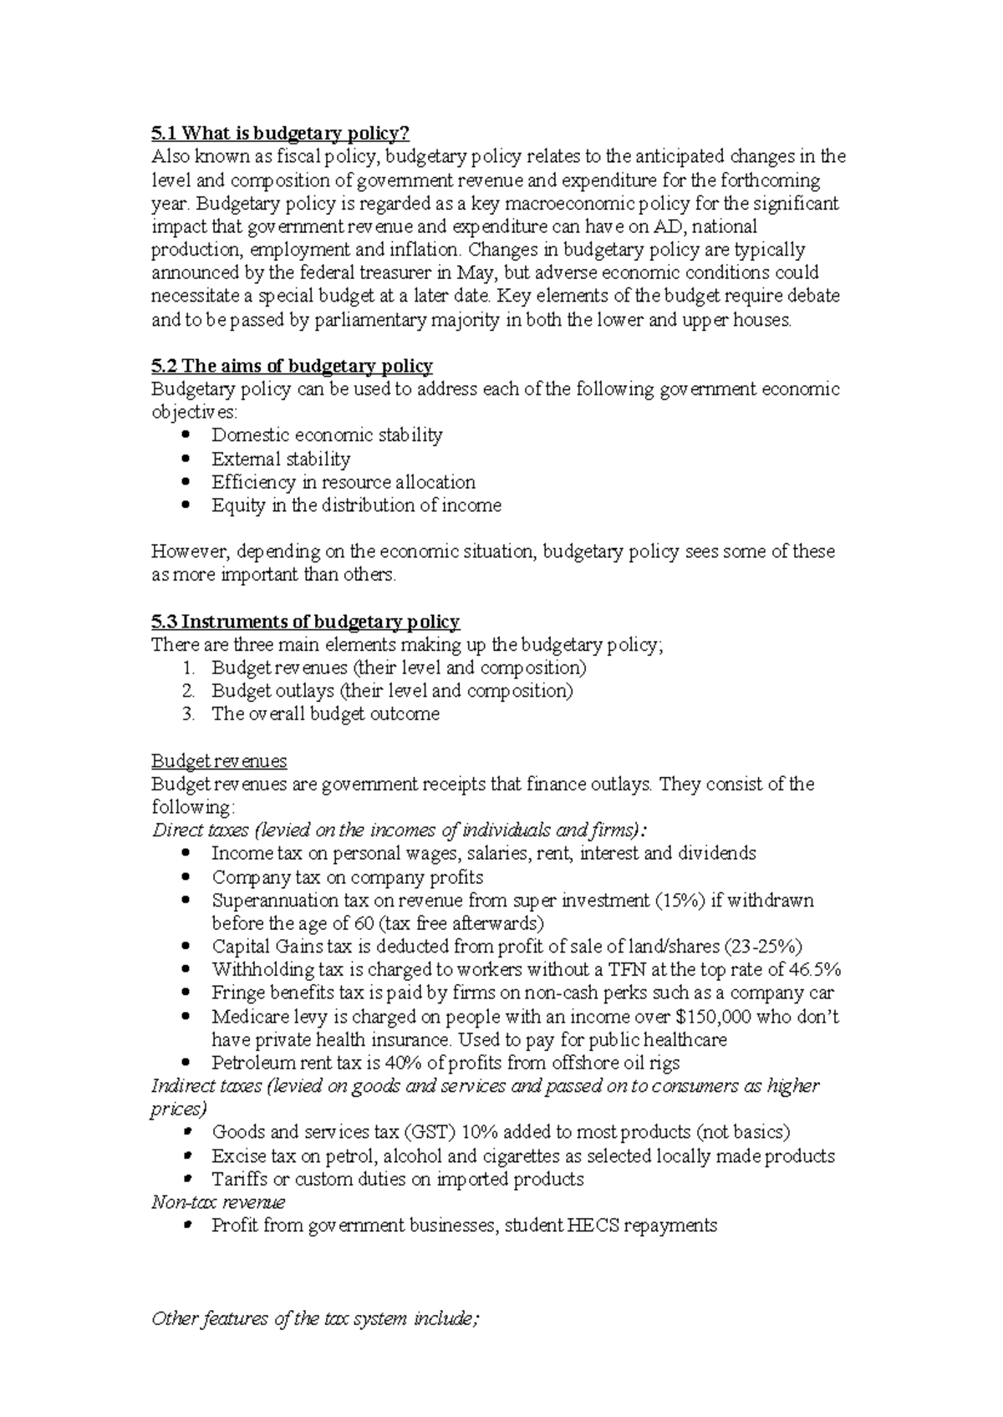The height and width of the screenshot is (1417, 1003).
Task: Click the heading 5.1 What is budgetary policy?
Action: pyautogui.click(x=280, y=133)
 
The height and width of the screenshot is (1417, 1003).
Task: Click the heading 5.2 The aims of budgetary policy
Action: pyautogui.click(x=292, y=366)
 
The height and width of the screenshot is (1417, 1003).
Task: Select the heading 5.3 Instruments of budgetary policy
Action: pyautogui.click(x=305, y=622)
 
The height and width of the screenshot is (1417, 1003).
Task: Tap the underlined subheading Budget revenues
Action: pyautogui.click(x=219, y=761)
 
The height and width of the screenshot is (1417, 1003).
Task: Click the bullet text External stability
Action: pyautogui.click(x=281, y=459)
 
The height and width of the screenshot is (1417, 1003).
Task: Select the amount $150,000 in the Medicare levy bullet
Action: pyautogui.click(x=709, y=1017)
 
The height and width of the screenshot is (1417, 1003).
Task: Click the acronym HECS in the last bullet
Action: pyautogui.click(x=593, y=1227)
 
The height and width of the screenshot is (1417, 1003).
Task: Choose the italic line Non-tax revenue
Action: pyautogui.click(x=218, y=1203)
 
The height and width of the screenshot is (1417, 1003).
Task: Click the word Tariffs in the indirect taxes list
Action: pyautogui.click(x=238, y=1180)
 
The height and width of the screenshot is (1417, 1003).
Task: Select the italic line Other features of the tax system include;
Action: pyautogui.click(x=315, y=1319)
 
